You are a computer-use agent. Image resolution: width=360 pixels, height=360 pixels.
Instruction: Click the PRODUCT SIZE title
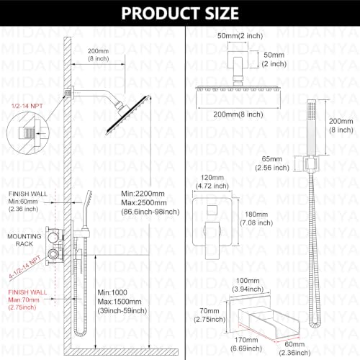pyautogui.click(x=180, y=13)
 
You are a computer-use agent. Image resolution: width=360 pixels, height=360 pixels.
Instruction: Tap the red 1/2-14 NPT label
pyautogui.click(x=27, y=106)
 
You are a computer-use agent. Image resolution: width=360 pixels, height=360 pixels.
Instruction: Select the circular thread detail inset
pyautogui.click(x=28, y=132)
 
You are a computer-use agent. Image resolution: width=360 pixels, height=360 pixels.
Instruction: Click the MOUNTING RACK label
pyautogui.click(x=24, y=240)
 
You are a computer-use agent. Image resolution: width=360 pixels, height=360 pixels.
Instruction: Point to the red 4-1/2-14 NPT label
pyautogui.click(x=25, y=267)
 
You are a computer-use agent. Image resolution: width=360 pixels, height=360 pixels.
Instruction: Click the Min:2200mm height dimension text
pyautogui.click(x=143, y=194)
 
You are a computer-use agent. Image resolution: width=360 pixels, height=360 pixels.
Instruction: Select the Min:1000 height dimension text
pyautogui.click(x=112, y=292)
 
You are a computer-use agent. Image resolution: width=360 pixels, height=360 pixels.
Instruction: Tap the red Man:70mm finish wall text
pyautogui.click(x=24, y=300)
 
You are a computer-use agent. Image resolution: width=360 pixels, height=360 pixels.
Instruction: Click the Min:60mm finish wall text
pyautogui.click(x=23, y=202)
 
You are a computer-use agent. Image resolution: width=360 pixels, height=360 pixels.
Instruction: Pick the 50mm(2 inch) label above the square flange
pyautogui.click(x=240, y=36)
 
